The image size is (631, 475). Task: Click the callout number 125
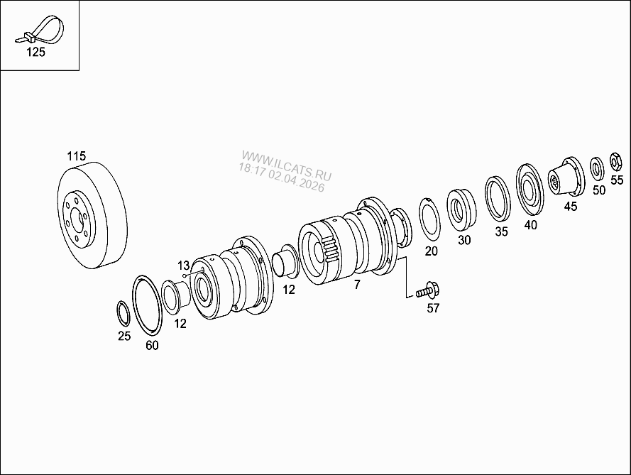(x=35, y=53)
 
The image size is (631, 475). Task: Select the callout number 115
(x=77, y=155)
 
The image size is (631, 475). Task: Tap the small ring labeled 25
(x=123, y=313)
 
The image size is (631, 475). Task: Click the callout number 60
(x=152, y=345)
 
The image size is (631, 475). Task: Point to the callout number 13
(x=183, y=266)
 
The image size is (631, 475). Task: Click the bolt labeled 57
(x=428, y=290)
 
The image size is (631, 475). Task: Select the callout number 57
(x=433, y=308)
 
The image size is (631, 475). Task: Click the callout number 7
(x=357, y=285)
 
